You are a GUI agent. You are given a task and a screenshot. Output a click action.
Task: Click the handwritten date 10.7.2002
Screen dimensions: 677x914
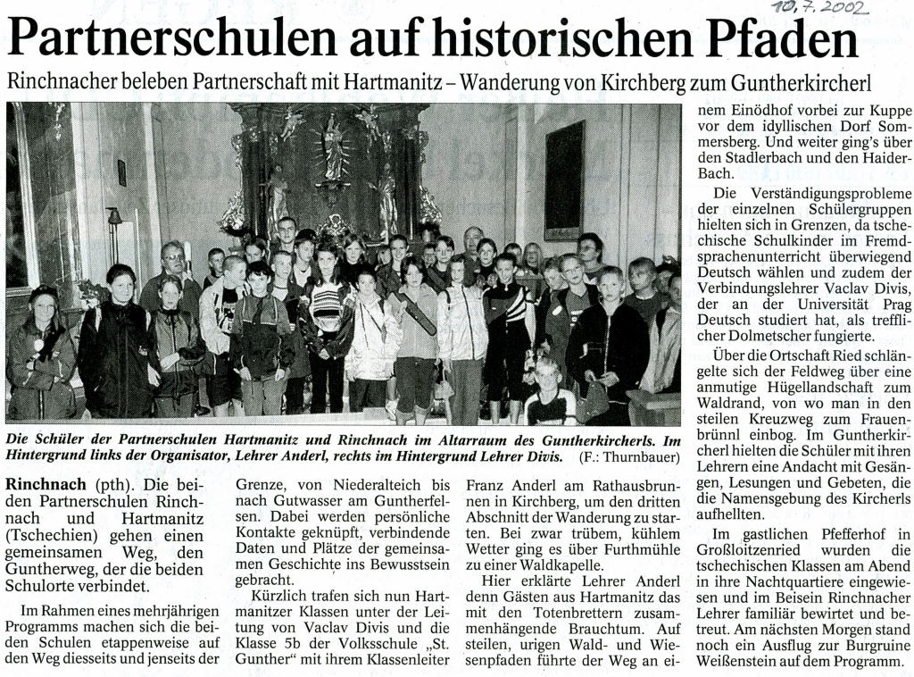coord(821,10)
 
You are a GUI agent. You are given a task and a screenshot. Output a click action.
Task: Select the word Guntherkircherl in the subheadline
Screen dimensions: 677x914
coord(800,84)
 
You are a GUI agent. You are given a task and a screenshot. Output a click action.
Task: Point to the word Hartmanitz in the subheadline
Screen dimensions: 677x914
coord(403,84)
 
